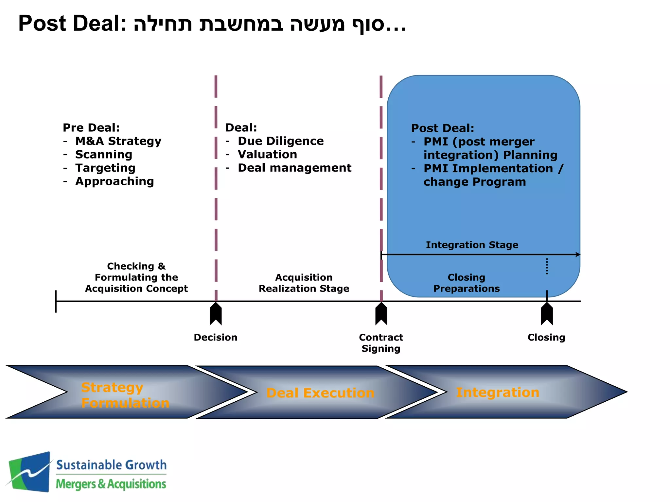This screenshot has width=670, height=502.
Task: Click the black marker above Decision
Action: coord(216,314)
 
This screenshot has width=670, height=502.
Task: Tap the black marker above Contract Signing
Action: coord(381,314)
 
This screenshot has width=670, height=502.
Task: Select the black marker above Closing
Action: coord(547,314)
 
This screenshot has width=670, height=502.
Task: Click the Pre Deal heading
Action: coord(91,127)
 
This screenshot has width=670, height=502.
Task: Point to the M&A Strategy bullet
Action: coord(118,141)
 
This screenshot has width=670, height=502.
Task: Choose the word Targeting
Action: coord(105,168)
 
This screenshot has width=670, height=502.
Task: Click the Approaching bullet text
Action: coord(115,181)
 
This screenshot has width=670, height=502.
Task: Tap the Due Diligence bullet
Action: coord(280,141)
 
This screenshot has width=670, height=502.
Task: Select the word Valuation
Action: coord(267,154)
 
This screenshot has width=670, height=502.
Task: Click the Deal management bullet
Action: coord(294,168)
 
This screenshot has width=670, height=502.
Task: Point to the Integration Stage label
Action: coord(472,245)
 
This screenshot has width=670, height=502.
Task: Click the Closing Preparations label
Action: coord(467,283)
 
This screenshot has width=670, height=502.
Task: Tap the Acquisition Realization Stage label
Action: coord(304,283)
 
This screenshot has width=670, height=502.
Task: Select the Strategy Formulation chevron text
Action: coord(125,395)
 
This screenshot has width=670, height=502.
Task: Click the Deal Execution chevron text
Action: coord(320,393)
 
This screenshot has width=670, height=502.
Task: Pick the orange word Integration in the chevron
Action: coord(497,392)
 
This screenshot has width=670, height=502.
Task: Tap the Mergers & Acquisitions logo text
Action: coord(111,484)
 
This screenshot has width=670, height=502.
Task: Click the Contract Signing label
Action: coord(381,343)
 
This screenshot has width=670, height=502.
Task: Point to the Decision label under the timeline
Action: coord(216,337)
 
